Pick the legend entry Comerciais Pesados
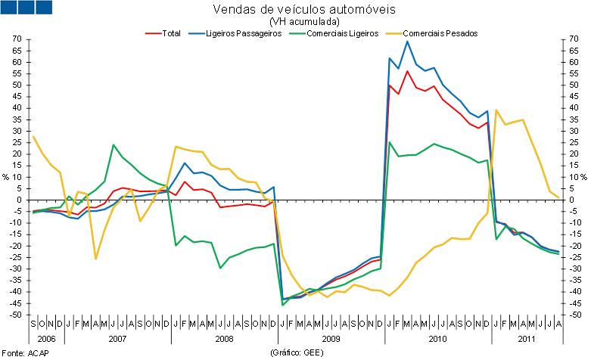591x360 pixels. click(440, 33)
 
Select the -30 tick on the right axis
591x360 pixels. click(575, 268)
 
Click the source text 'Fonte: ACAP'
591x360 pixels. click(23, 353)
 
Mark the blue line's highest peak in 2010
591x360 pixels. click(408, 42)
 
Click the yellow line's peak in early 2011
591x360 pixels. click(496, 110)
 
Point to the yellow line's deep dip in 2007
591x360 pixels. click(95, 259)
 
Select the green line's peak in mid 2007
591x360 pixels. click(114, 144)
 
